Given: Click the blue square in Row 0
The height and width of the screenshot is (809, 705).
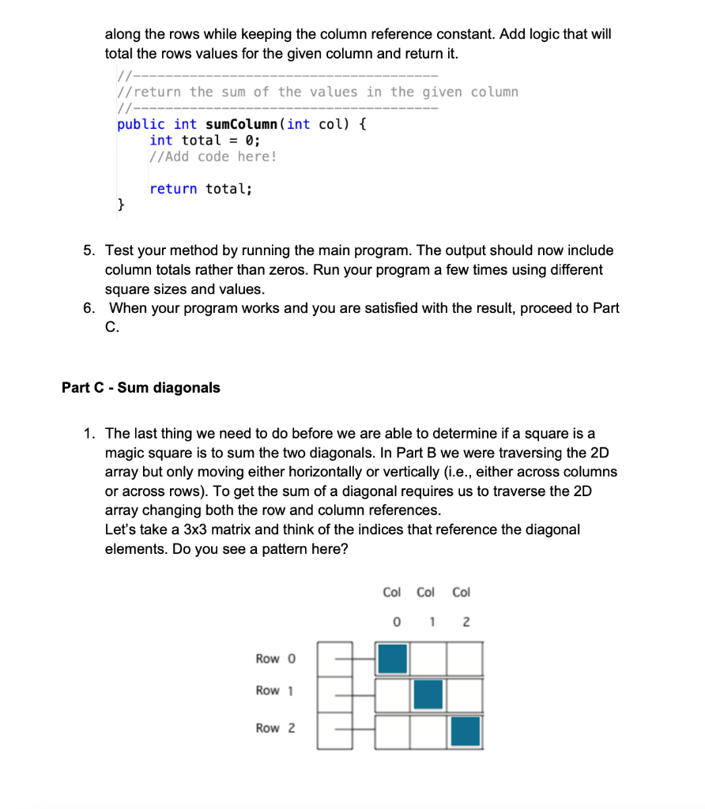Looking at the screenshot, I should click(x=393, y=658).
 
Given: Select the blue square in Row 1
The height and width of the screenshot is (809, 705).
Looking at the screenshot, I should click(x=428, y=694).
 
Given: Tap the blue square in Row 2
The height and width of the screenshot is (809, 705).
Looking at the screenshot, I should click(x=465, y=731).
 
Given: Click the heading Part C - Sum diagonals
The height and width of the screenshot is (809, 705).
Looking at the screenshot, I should click(x=141, y=388).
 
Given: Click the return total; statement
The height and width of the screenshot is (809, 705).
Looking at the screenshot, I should click(x=201, y=189).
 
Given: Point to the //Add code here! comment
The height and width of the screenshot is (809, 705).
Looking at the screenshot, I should click(x=213, y=156).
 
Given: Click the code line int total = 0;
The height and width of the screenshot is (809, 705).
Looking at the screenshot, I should click(x=205, y=140).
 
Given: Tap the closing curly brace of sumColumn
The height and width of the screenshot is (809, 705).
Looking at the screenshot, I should click(x=121, y=205).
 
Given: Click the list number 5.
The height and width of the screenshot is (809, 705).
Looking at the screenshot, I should click(x=89, y=251).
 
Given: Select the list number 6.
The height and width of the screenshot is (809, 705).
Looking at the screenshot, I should click(x=89, y=308).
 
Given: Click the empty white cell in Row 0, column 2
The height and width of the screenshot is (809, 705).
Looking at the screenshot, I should click(x=465, y=658).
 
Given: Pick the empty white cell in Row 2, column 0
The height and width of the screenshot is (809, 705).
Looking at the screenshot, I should click(x=393, y=731).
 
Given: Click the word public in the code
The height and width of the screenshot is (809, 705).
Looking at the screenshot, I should click(x=141, y=124).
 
